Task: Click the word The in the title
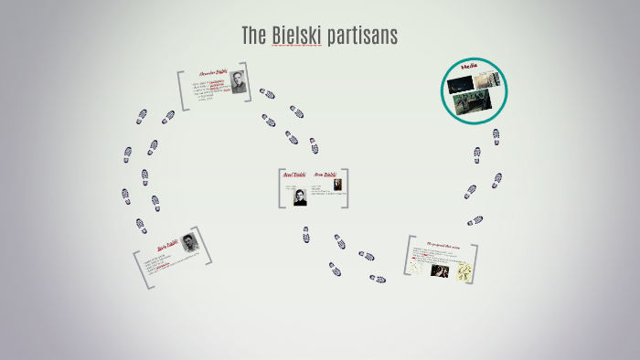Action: [x=253, y=36]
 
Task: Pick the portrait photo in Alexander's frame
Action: [x=238, y=81]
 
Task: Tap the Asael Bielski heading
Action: [x=294, y=175]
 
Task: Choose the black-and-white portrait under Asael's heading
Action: [x=300, y=196]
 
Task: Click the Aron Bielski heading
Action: [x=325, y=175]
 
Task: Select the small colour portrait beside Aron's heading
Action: [x=337, y=185]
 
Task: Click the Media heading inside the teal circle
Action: [x=472, y=68]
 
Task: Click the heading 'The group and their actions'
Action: [x=442, y=246]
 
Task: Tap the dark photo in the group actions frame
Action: [x=439, y=270]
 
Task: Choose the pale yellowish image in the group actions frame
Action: [x=464, y=270]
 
